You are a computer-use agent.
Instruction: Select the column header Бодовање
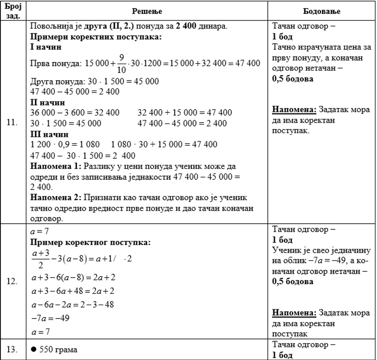322,10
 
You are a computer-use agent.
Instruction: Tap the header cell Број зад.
13,10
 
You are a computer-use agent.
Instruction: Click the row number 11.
13,122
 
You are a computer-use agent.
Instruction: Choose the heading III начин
49,134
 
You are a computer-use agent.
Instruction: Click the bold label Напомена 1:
55,166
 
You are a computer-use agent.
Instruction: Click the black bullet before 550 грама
33,350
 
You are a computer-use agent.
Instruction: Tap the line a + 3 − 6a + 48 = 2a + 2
71,291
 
